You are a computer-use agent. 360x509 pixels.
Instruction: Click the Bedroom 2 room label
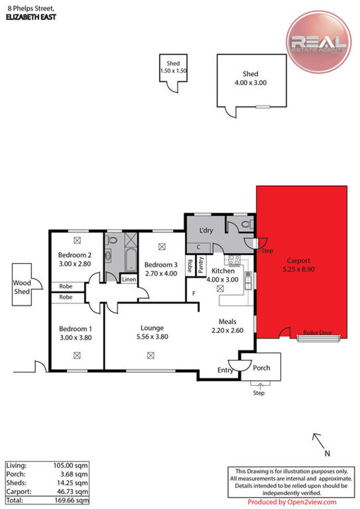point(75,255)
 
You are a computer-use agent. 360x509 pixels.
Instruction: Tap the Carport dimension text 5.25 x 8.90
point(299,269)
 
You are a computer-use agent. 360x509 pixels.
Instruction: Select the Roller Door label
point(317,333)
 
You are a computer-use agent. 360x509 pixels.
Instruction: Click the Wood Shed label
point(22,287)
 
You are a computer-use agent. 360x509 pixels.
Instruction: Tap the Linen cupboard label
point(129,279)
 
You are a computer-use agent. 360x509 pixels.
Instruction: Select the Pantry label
point(201,265)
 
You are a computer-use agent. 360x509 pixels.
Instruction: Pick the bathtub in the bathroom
point(131,260)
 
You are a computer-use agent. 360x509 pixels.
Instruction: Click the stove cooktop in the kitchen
point(234,260)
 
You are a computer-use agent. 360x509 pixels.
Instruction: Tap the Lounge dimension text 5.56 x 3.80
point(152,337)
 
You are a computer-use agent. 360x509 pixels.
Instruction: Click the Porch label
point(261,368)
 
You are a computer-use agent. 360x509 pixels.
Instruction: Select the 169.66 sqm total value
point(72,500)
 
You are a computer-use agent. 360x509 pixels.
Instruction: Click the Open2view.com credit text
point(292,502)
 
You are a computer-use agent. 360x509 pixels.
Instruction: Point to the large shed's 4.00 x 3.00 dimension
point(251,83)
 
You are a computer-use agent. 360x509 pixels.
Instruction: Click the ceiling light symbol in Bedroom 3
point(162,247)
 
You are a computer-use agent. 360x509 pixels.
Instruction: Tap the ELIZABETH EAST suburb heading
point(31,17)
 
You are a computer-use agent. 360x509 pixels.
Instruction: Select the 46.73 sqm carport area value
point(72,491)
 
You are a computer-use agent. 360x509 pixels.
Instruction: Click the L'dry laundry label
point(206,230)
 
